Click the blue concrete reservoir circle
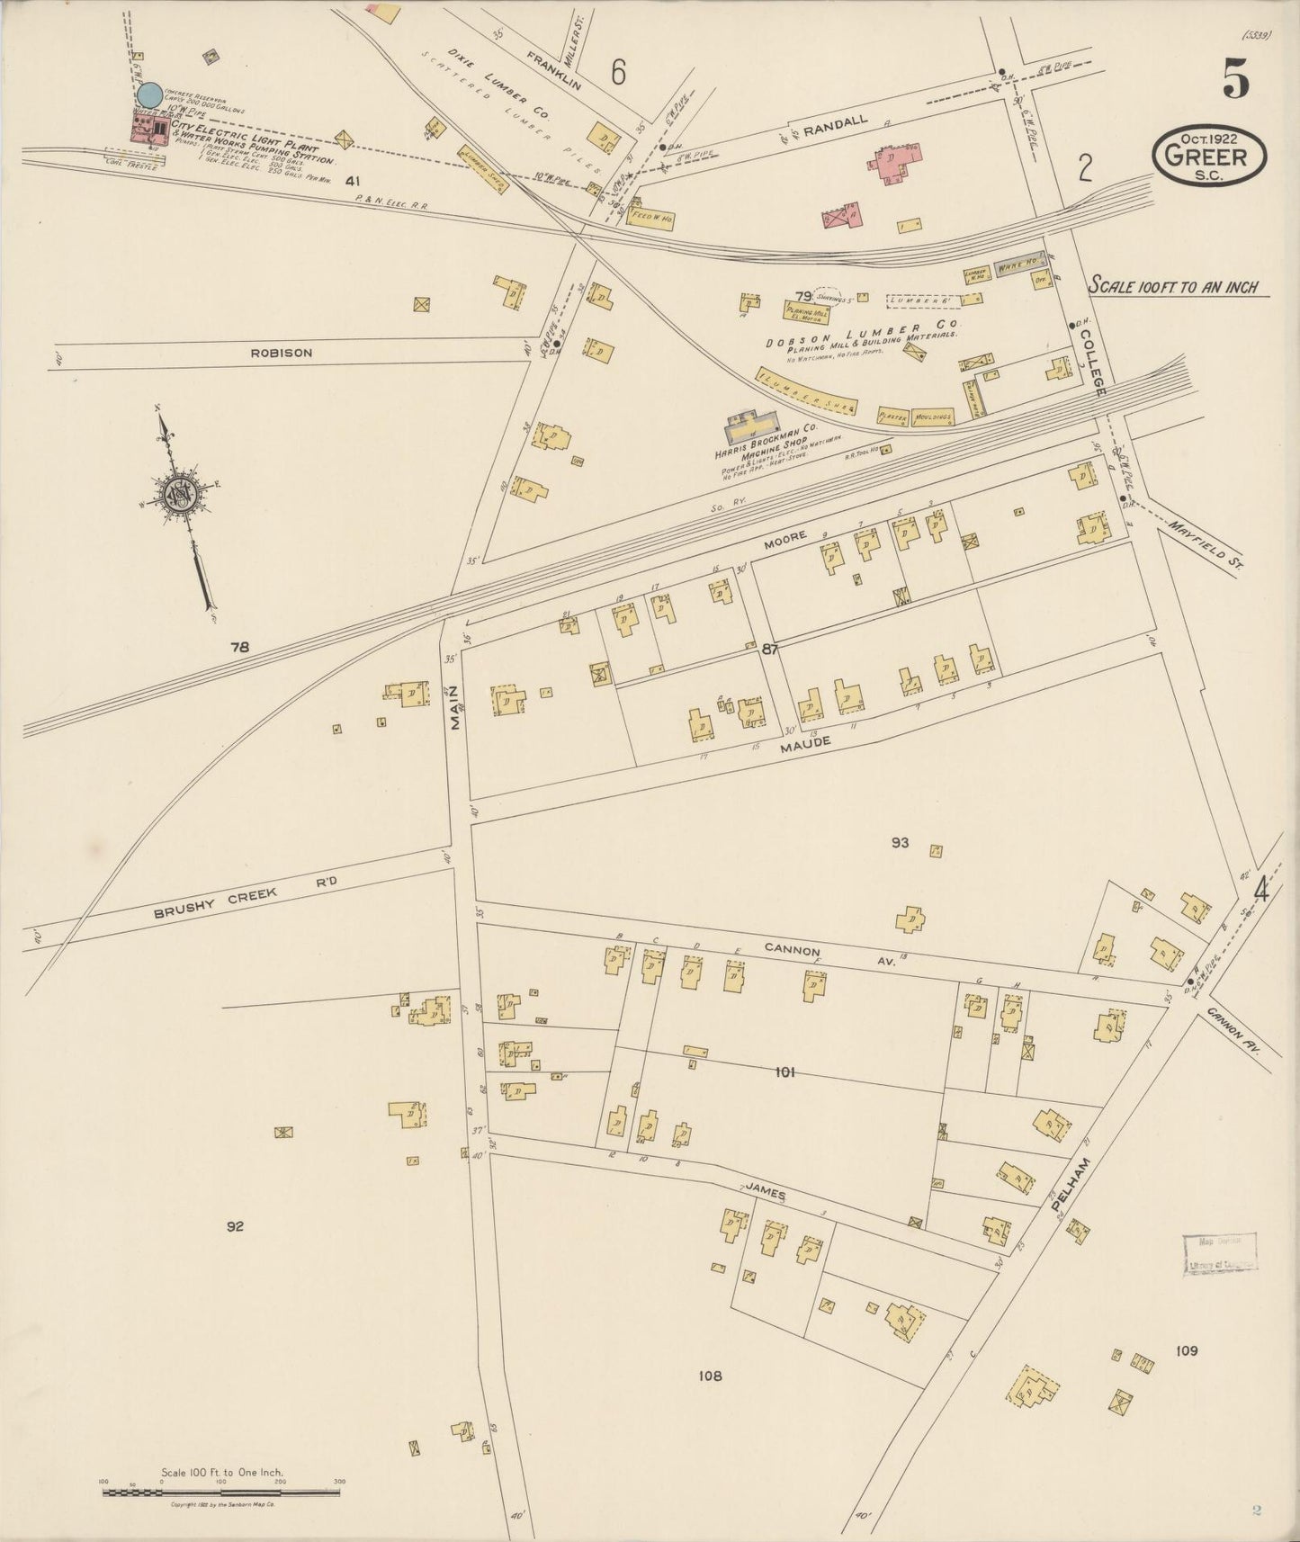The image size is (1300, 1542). coord(149,94)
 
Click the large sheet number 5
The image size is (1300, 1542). coord(1235,80)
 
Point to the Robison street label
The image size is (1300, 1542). coord(282,354)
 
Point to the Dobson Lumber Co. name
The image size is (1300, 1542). coord(863,332)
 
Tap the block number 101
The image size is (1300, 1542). coord(784,1071)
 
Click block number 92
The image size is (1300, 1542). coord(235,1225)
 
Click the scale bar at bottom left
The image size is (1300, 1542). coord(221,1493)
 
